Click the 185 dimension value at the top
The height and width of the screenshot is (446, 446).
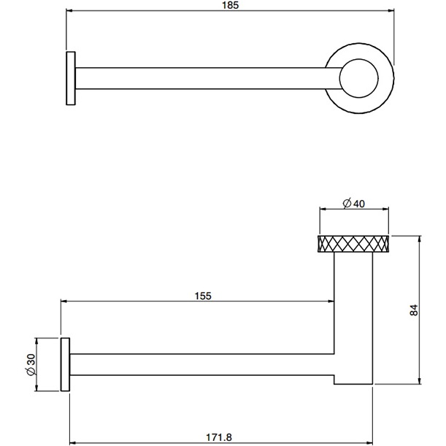(x=232, y=5)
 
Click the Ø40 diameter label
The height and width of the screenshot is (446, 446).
(x=353, y=204)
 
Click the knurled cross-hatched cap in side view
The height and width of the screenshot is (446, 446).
(x=353, y=243)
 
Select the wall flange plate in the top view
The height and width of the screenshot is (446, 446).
(x=70, y=79)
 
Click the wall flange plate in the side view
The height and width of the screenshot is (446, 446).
(x=65, y=365)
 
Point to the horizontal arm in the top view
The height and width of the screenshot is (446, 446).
(x=204, y=79)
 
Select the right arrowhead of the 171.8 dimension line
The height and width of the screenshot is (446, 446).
(x=372, y=442)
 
